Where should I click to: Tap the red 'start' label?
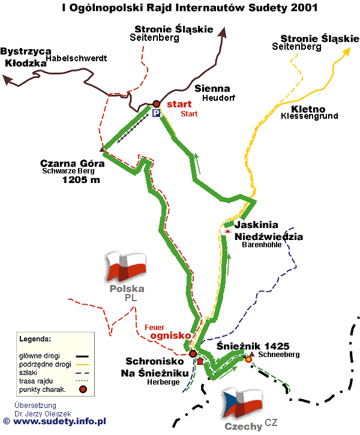coord(179,104)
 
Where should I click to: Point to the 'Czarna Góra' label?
coord(67,163)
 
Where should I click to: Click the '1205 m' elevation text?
coord(81,179)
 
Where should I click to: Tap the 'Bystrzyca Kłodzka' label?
coord(26,56)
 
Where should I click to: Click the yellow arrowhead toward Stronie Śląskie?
coord(346,52)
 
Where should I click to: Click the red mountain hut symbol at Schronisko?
coord(200,361)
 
